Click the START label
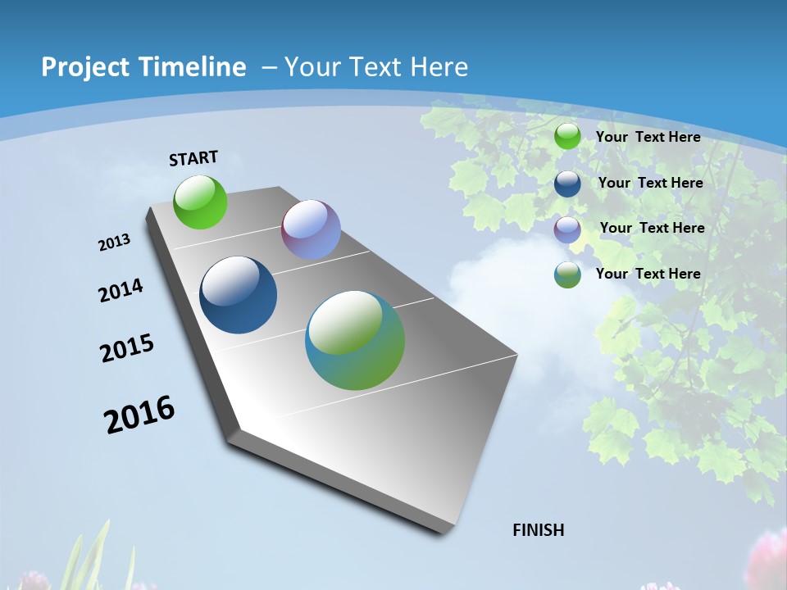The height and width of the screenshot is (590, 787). click(193, 158)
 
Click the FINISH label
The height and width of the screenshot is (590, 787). click(538, 530)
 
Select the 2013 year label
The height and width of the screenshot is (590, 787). click(115, 243)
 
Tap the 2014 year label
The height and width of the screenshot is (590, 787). click(121, 290)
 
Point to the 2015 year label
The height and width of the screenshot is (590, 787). click(127, 348)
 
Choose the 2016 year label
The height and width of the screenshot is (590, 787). click(139, 415)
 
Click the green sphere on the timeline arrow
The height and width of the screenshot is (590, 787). click(200, 202)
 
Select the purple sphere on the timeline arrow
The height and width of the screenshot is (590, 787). click(311, 229)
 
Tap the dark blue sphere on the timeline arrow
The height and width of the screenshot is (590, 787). click(238, 295)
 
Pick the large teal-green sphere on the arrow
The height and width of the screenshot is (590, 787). click(355, 340)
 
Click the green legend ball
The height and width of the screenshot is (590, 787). click(567, 137)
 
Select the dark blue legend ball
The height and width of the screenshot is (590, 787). click(567, 183)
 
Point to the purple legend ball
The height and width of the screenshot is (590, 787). click(567, 229)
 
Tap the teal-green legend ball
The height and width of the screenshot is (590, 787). click(567, 274)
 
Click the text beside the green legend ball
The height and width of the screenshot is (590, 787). click(648, 137)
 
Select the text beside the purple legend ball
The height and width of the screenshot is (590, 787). click(652, 228)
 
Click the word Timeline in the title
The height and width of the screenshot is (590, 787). click(189, 67)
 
